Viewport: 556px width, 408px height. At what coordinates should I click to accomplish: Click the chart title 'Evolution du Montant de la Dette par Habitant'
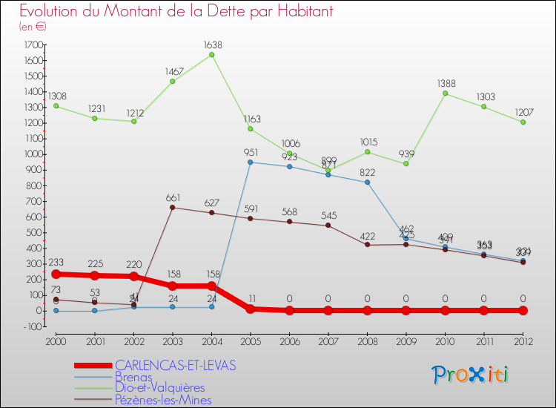pos(176,11)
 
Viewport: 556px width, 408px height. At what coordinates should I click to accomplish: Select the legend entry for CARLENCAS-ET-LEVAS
pos(175,365)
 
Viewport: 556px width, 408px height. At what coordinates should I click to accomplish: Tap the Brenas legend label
pos(134,377)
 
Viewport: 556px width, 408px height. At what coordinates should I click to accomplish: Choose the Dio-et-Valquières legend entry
pos(160,388)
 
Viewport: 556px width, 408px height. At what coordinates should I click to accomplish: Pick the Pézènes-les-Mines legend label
pos(163,400)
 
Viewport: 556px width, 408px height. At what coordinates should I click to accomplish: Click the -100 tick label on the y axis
pos(31,326)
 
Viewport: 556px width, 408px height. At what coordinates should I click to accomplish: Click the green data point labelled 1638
pos(211,54)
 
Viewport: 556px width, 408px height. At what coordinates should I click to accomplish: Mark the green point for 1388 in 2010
pos(446,93)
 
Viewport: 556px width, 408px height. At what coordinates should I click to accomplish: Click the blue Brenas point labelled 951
pos(251,162)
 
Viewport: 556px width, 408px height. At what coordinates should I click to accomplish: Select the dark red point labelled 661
pos(173,207)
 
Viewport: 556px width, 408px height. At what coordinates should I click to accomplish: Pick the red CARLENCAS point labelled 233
pos(56,274)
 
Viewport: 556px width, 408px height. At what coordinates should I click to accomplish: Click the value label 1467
pos(173,71)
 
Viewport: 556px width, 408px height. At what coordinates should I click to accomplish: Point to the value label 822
pos(368,172)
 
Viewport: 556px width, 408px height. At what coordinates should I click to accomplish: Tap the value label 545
pos(328,216)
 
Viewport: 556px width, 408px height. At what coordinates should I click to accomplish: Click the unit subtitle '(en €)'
pos(33,26)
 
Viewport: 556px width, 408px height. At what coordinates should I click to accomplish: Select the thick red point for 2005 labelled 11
pos(251,309)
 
